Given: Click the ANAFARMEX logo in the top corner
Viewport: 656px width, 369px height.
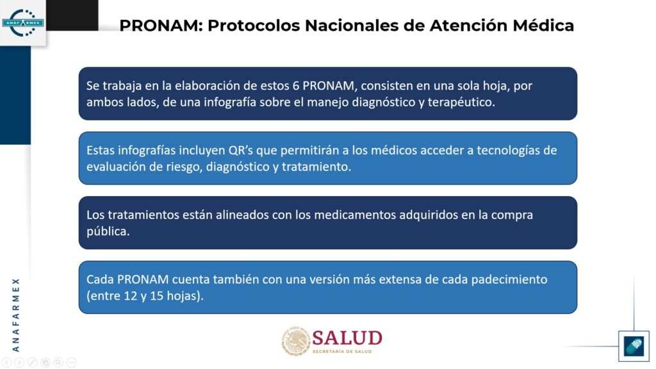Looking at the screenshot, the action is click(23, 22).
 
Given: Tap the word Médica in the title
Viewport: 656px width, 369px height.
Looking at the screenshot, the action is click(543, 26).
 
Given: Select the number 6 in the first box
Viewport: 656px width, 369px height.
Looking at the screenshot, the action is click(296, 86).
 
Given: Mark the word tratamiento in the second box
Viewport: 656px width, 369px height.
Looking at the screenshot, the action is click(316, 167).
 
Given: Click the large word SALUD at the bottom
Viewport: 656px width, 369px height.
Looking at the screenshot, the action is click(347, 338).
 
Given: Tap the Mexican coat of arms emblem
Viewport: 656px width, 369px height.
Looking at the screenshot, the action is click(296, 341).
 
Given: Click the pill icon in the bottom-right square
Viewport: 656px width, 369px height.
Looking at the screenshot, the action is click(634, 346).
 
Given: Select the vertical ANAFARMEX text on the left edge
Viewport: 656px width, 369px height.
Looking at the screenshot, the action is click(16, 315).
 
